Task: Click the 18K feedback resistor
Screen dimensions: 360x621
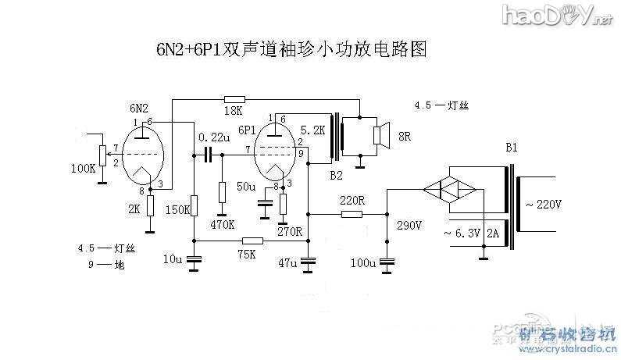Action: pyautogui.click(x=234, y=99)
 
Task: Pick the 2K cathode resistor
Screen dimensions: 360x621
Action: pyautogui.click(x=150, y=206)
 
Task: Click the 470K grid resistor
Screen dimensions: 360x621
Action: pyautogui.click(x=222, y=192)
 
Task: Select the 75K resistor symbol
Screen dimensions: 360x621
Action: pyautogui.click(x=252, y=241)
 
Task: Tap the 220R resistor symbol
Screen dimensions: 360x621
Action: pyautogui.click(x=352, y=213)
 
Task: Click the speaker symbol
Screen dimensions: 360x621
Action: pyautogui.click(x=380, y=135)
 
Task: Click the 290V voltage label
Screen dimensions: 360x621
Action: pyautogui.click(x=409, y=226)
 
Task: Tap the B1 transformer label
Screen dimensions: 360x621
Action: pyautogui.click(x=512, y=147)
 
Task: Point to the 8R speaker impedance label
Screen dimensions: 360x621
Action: pyautogui.click(x=405, y=136)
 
